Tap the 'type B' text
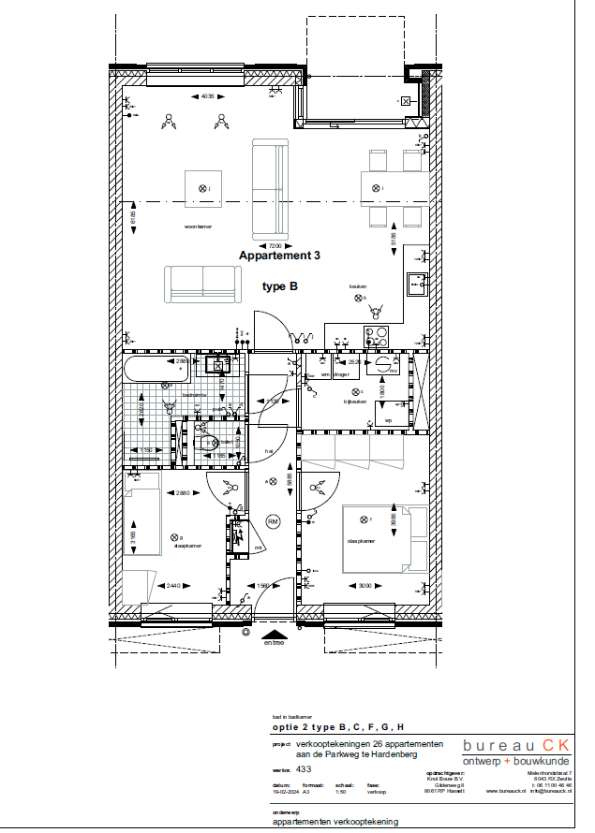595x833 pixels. (279, 287)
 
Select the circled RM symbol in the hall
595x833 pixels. (273, 521)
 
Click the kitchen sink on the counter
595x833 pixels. (418, 282)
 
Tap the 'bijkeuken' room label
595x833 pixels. (354, 402)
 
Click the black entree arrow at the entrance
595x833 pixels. (274, 634)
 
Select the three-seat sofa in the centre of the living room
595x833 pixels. (270, 187)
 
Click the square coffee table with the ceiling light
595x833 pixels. (202, 189)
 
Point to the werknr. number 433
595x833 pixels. (304, 767)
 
